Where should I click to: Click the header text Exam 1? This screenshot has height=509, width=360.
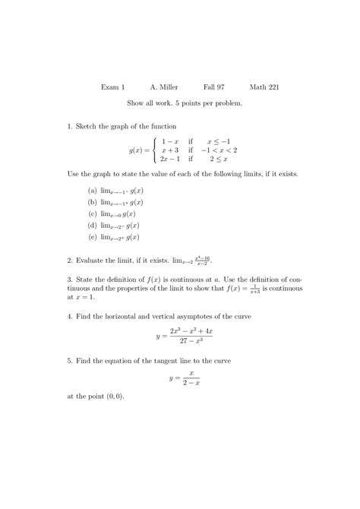[113, 87]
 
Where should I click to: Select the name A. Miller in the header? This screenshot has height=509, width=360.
[164, 87]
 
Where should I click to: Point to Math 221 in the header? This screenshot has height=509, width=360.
[264, 87]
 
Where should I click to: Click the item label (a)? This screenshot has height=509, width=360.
[92, 191]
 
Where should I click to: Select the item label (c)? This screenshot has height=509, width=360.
[92, 214]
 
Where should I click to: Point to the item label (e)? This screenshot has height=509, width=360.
[92, 237]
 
